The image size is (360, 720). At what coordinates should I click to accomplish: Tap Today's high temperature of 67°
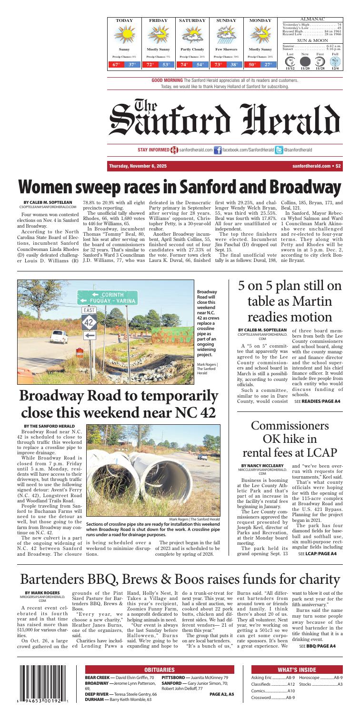[117, 64]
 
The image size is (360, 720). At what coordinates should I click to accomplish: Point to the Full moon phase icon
[335, 61]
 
